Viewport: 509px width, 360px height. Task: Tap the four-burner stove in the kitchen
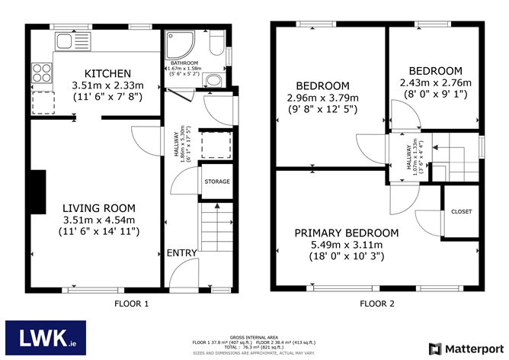(x=40, y=73)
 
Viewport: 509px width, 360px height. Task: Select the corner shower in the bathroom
(x=177, y=43)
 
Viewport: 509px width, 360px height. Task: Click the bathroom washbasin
(x=214, y=80)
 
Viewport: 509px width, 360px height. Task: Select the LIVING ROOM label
(x=99, y=207)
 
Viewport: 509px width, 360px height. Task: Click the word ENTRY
(x=182, y=252)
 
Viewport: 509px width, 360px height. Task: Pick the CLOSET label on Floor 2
(x=461, y=211)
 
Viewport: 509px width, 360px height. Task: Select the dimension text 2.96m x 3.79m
(x=322, y=98)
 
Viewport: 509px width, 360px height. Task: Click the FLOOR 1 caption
(x=130, y=304)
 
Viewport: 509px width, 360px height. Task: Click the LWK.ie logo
(x=46, y=336)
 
